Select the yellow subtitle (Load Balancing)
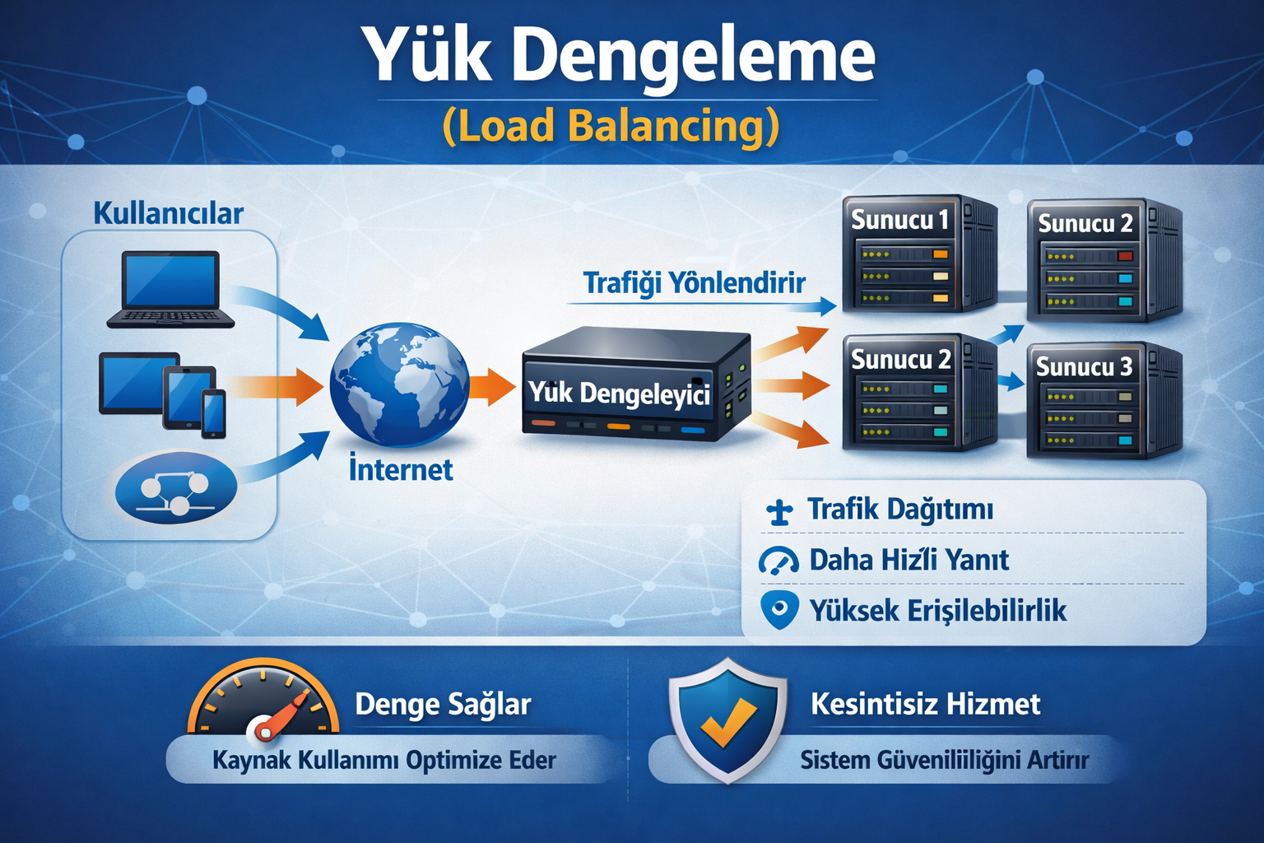[610, 126]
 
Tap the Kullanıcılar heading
[168, 213]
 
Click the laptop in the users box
[170, 289]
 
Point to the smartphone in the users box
[214, 413]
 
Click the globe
[399, 384]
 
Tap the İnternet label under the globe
[401, 470]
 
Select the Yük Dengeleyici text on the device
[619, 393]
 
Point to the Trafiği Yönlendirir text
[694, 283]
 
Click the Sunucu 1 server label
[899, 221]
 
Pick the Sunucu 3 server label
[1084, 366]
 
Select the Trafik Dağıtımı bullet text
[900, 510]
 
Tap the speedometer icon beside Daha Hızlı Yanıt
[778, 561]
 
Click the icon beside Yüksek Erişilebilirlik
[778, 609]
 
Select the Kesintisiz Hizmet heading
[925, 705]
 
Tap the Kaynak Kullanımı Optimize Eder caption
[383, 760]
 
